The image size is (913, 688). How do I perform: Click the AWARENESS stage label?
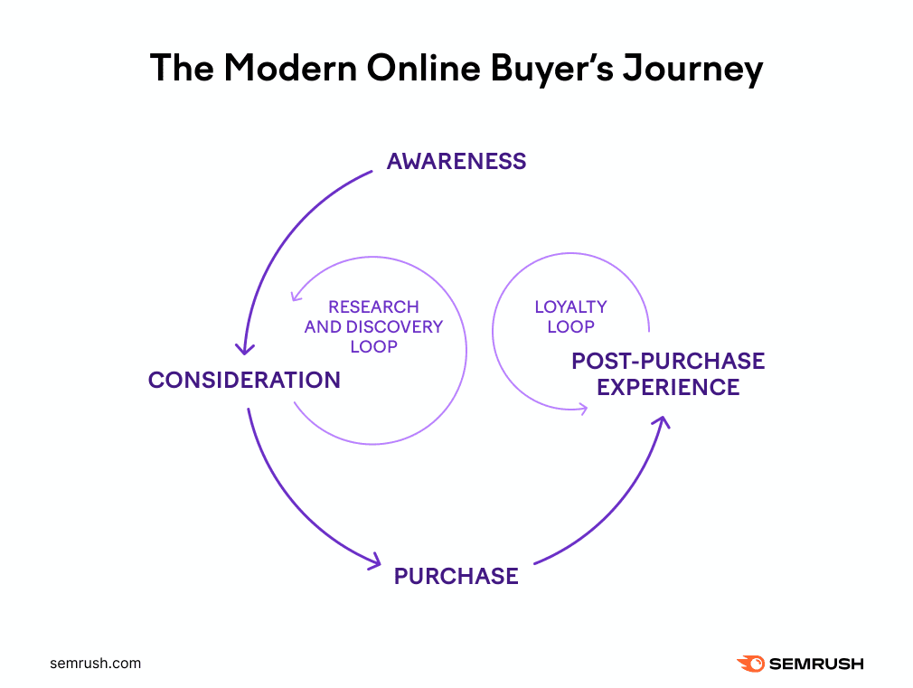[456, 162]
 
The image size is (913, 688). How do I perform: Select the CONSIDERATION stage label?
[244, 380]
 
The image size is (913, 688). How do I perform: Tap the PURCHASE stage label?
[456, 576]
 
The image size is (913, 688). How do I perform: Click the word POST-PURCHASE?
[668, 362]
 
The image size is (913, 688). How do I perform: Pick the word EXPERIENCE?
[668, 388]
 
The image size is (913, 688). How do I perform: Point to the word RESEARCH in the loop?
[373, 307]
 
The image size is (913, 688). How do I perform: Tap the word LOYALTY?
[570, 307]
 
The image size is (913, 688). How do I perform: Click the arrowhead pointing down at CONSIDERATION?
[245, 349]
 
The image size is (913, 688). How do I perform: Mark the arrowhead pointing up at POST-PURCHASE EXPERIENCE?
[664, 421]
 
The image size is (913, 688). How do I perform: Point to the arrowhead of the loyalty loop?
[582, 409]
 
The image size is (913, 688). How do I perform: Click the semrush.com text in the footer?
[95, 664]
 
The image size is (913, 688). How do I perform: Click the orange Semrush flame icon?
[750, 664]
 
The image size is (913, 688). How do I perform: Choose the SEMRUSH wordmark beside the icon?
[816, 664]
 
